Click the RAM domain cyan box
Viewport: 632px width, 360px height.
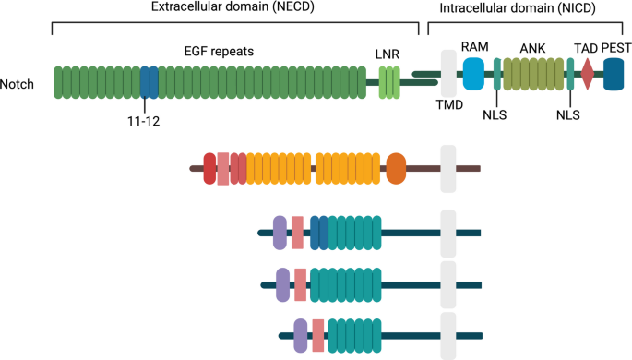pos(473,74)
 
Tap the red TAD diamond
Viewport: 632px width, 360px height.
pos(588,74)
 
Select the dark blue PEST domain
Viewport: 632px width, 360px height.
pos(614,74)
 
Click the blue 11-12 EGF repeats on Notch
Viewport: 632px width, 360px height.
pos(149,82)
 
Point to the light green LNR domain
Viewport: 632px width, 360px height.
pos(389,82)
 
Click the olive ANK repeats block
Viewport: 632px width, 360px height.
pos(533,74)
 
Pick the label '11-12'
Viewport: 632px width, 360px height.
pos(144,121)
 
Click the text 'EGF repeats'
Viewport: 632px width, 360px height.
pos(219,52)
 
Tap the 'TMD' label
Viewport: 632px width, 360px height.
pos(449,105)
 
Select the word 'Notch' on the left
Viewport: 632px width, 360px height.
pos(17,84)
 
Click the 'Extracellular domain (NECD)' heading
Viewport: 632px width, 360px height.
pos(233,6)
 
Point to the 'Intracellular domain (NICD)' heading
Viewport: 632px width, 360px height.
pos(518,8)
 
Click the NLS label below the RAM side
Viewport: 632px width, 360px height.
pos(495,114)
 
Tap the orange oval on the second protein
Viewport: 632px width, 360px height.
pos(396,169)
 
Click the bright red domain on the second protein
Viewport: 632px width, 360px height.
pos(209,169)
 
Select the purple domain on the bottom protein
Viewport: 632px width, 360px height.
pos(300,335)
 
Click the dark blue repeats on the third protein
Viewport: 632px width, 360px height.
pos(319,233)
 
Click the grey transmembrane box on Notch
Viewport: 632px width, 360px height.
pos(448,73)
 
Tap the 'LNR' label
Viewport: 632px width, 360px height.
pos(388,54)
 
